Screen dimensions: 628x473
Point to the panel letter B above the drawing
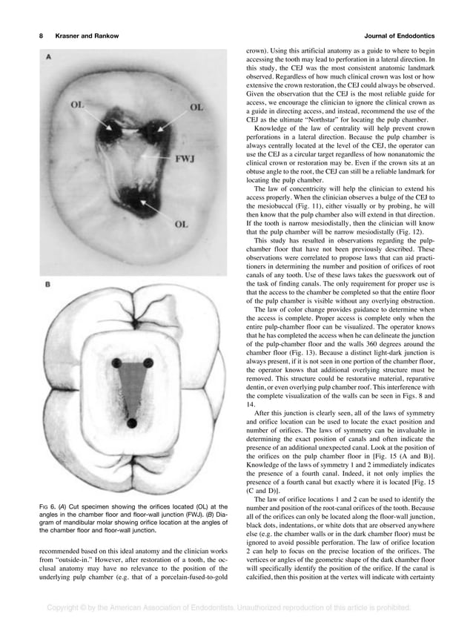(50, 284)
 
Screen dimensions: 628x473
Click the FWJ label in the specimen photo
(185, 159)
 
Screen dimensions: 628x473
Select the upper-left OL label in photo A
(76, 106)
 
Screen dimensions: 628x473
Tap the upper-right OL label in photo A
(196, 108)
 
